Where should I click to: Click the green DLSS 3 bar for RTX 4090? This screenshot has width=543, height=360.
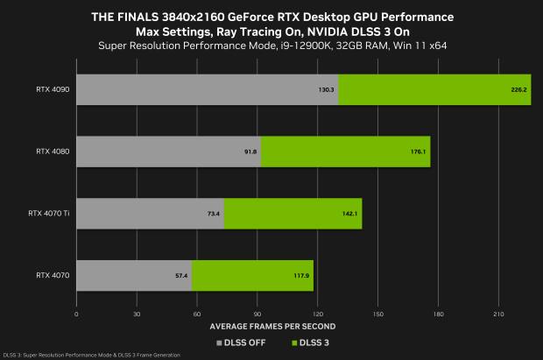point(434,89)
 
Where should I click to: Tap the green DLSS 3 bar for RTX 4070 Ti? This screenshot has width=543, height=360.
point(293,213)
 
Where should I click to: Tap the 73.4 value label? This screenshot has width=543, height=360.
point(214,213)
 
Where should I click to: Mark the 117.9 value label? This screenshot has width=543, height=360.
point(302,275)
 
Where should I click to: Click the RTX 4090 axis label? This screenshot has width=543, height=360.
point(53,89)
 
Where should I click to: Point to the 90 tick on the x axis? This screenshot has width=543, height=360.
point(257,313)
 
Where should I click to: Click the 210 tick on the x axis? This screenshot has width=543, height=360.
point(498,313)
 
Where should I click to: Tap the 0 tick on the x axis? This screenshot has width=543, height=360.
point(77,313)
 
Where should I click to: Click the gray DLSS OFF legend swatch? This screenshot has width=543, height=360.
point(220,342)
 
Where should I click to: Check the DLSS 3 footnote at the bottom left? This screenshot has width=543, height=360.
point(91,355)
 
